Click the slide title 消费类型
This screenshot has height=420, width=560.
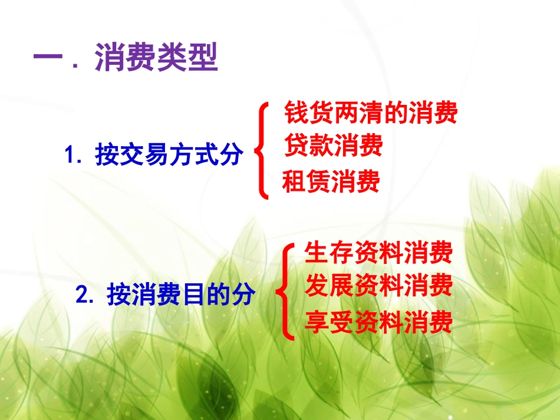pyautogui.click(x=156, y=59)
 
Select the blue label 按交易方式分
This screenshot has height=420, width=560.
pyautogui.click(x=169, y=156)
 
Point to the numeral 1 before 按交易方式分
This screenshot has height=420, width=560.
pyautogui.click(x=70, y=157)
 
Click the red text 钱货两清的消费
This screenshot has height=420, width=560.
pyautogui.click(x=370, y=113)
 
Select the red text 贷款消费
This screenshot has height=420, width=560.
pyautogui.click(x=333, y=145)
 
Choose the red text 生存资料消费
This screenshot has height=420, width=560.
pyautogui.click(x=378, y=253)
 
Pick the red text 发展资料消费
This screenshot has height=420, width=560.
pyautogui.click(x=378, y=286)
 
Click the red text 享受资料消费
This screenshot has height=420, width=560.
pyautogui.click(x=378, y=322)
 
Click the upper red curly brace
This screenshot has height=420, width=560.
pyautogui.click(x=261, y=150)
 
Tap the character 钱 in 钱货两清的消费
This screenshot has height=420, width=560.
pyautogui.click(x=295, y=113)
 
